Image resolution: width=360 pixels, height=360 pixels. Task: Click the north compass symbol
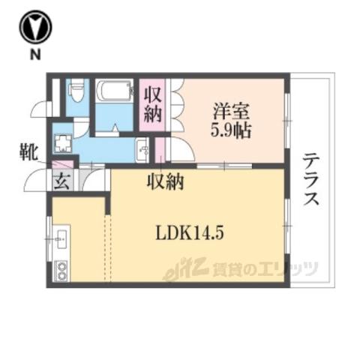click(x=36, y=27)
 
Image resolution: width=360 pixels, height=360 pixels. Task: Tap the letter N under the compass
click(x=35, y=54)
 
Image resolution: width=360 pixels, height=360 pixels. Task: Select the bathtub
click(x=114, y=90)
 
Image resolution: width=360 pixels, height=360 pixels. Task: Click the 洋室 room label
click(x=231, y=112)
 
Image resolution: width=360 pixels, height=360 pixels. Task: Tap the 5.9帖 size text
click(x=230, y=130)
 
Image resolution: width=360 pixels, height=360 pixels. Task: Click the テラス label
click(x=311, y=179)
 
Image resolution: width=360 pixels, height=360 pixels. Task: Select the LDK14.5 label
click(x=190, y=233)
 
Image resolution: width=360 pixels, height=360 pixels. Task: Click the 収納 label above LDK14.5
click(x=166, y=181)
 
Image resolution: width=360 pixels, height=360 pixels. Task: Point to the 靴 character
click(x=28, y=152)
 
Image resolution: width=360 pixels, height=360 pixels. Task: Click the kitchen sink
click(x=61, y=239)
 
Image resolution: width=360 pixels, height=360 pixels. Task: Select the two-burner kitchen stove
click(x=61, y=271)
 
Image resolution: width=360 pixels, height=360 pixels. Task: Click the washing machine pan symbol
click(x=63, y=143)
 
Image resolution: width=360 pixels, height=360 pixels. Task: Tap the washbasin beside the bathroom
click(x=142, y=150)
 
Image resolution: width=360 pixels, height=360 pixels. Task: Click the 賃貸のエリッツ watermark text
click(x=265, y=269)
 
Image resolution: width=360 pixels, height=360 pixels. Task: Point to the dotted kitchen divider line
click(x=107, y=248)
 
